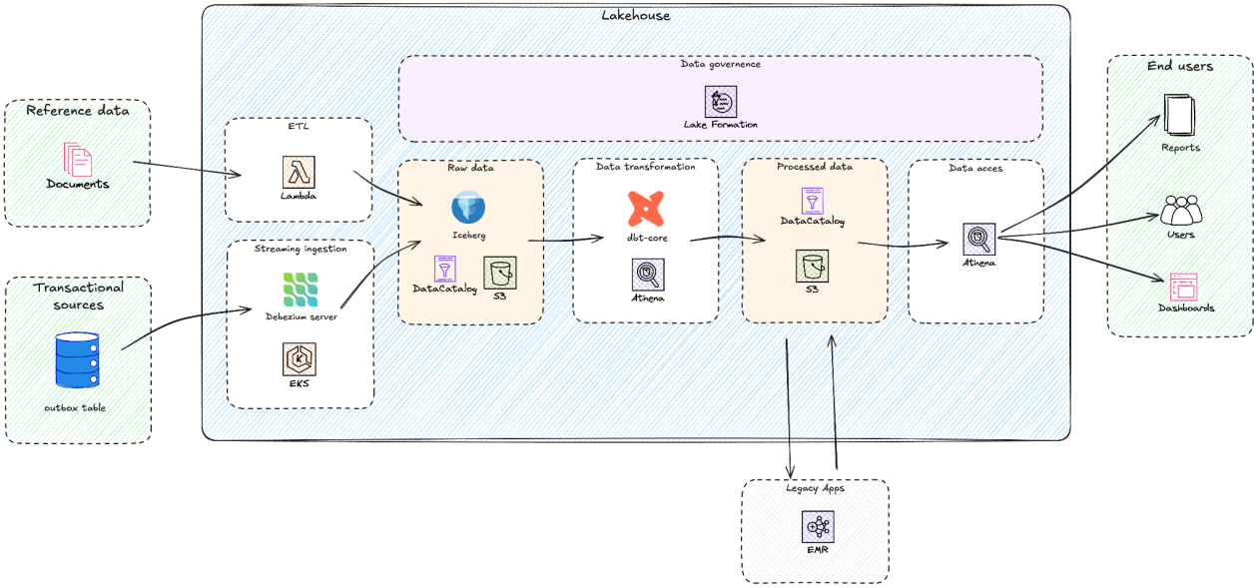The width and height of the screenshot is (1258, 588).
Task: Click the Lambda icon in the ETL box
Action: point(299,171)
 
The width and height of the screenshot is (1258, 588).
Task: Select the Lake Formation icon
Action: point(720,101)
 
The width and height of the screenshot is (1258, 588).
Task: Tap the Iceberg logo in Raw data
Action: point(467,208)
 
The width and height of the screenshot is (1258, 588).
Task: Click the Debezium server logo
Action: point(300,290)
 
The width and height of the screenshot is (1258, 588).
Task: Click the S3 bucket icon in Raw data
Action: point(499,273)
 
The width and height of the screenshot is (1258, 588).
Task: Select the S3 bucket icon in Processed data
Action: point(812,266)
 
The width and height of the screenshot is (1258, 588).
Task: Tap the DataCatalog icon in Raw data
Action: point(445,268)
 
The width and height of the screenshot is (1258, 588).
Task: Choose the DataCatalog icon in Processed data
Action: point(812,199)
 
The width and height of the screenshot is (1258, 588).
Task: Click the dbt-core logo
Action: point(646,209)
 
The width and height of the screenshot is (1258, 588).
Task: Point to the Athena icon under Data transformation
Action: point(647,274)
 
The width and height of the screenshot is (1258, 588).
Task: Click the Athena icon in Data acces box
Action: point(978,239)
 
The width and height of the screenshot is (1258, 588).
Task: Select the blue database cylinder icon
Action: point(78,360)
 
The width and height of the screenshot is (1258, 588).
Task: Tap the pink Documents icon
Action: point(78,160)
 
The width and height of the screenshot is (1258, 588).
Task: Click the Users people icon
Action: point(1181,211)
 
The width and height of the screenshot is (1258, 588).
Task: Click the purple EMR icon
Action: point(817,526)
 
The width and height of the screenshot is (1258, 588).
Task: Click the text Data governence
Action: point(720,64)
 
